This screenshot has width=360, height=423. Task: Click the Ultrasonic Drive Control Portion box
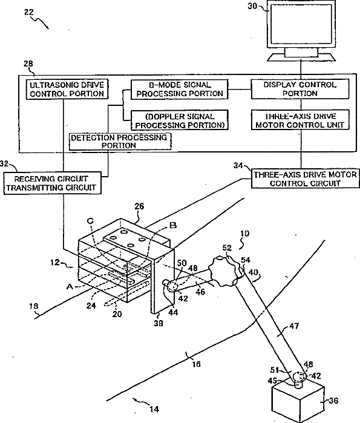[x=67, y=90]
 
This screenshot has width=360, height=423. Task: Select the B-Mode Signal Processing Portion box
[x=179, y=90]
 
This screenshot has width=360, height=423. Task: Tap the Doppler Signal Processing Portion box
[x=180, y=120]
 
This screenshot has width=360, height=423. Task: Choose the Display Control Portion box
[x=300, y=89]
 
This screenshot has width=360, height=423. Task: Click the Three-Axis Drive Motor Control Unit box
[x=300, y=120]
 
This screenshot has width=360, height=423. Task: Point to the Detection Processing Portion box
[x=120, y=142]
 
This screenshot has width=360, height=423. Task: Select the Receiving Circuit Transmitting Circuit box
[x=52, y=183]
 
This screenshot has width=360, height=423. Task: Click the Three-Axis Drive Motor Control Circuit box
[x=306, y=179]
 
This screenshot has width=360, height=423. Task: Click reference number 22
[x=29, y=12]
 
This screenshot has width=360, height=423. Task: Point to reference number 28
[x=28, y=64]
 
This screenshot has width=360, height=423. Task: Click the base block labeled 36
[x=298, y=400]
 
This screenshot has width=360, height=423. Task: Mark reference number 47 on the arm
[x=294, y=326]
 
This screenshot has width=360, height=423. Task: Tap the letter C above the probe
[x=90, y=221]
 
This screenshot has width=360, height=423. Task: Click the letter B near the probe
[x=173, y=225]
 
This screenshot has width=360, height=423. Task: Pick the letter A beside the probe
[x=70, y=286]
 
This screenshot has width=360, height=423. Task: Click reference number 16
[x=196, y=364]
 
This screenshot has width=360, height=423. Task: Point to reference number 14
[x=154, y=409]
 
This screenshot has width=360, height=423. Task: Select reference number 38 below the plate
[x=159, y=323]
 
